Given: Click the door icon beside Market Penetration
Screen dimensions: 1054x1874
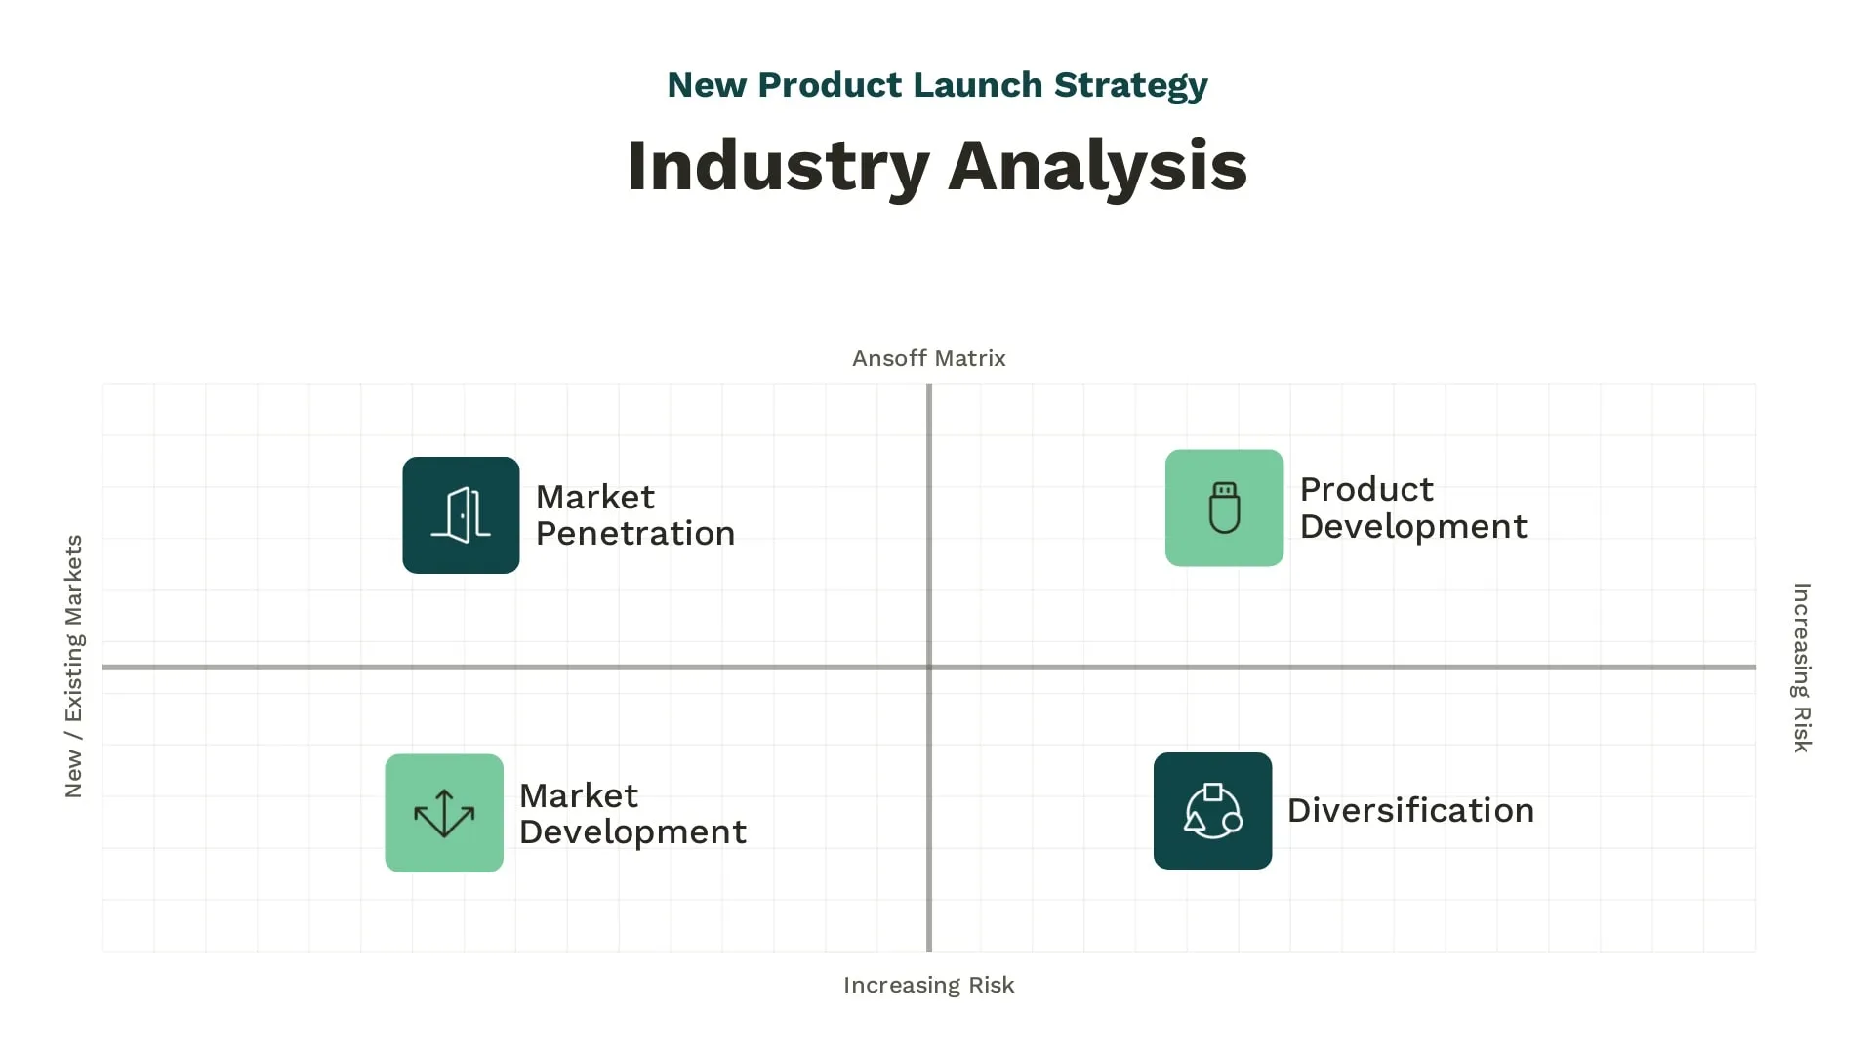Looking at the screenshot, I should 461,515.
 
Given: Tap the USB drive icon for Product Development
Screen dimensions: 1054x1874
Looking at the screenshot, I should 1224,507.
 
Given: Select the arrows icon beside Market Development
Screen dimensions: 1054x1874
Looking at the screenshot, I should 444,813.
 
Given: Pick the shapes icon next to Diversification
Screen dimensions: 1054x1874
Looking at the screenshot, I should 1212,811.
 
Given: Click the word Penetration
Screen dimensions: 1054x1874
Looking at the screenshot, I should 635,534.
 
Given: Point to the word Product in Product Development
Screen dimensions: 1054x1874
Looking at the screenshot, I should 1366,489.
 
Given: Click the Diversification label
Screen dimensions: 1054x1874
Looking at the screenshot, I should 1410,811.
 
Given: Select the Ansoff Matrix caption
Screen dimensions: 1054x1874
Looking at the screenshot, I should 928,359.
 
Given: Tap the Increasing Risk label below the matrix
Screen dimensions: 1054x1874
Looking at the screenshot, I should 928,986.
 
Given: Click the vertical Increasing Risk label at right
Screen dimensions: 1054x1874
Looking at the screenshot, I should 1802,668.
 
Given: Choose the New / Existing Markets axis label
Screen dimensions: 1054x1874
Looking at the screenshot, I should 74,667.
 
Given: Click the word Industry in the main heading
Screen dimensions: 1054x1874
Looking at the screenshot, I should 777,166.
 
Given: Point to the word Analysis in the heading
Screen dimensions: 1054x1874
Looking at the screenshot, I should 1097,166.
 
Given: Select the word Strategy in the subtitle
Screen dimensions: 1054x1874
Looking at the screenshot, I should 1131,85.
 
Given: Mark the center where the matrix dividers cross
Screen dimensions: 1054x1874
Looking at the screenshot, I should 929,668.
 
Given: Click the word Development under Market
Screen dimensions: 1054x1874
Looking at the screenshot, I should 632,832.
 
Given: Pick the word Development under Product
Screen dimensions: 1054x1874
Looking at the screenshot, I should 1413,527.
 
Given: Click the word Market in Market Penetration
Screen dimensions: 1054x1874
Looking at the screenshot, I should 595,498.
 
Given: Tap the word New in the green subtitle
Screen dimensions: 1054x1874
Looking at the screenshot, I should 707,85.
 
